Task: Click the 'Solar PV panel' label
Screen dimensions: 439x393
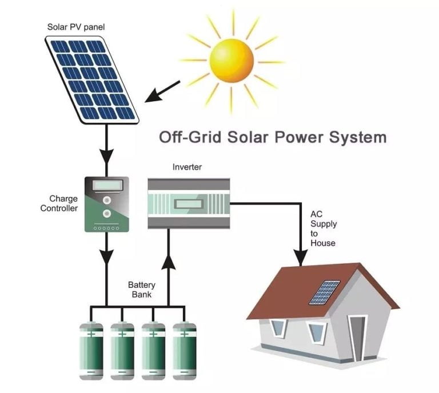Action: pyautogui.click(x=76, y=27)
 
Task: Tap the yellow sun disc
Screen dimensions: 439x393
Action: pyautogui.click(x=232, y=61)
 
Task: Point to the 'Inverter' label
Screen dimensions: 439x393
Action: pyautogui.click(x=187, y=167)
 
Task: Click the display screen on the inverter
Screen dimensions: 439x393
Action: pyautogui.click(x=189, y=203)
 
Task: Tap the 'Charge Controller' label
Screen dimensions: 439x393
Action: pyautogui.click(x=59, y=203)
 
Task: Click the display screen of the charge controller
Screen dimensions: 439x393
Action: pyautogui.click(x=108, y=185)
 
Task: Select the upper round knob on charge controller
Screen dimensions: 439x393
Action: pyautogui.click(x=107, y=200)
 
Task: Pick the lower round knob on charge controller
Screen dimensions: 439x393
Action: pyautogui.click(x=106, y=214)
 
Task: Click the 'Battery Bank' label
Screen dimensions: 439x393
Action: pyautogui.click(x=142, y=290)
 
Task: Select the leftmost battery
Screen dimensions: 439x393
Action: pyautogui.click(x=91, y=351)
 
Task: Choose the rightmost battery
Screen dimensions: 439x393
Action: pyautogui.click(x=185, y=351)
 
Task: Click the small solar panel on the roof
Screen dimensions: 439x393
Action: pyautogui.click(x=325, y=292)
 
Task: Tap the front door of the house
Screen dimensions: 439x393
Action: pyautogui.click(x=357, y=338)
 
